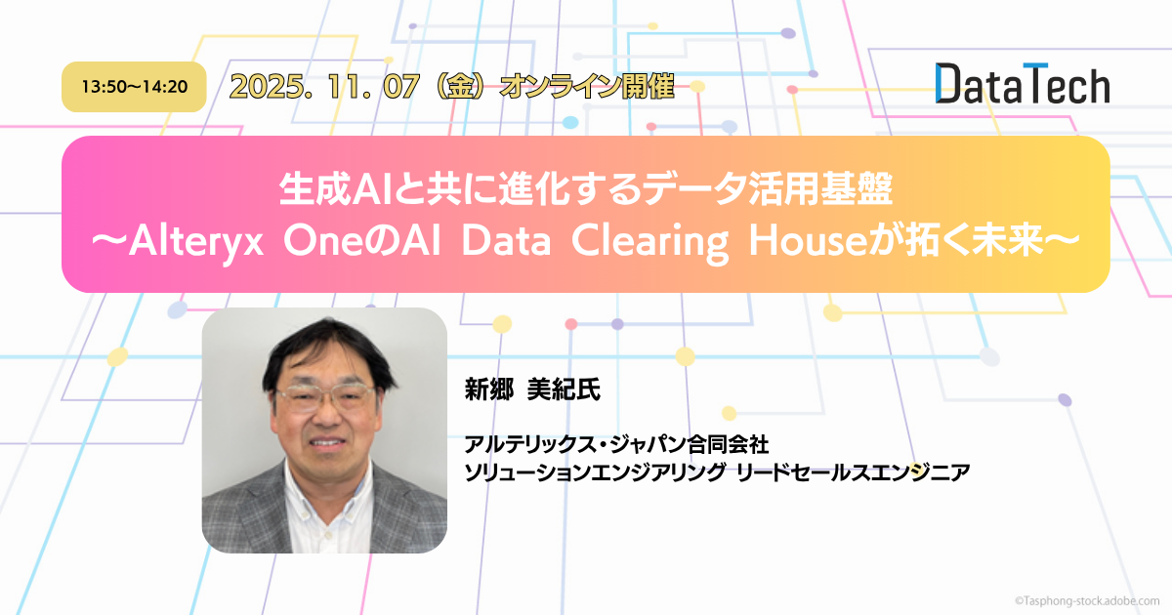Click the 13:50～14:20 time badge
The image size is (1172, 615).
(134, 87)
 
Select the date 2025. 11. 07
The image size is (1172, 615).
(324, 86)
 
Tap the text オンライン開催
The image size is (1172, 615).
(587, 86)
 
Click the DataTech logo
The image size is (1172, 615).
(1023, 83)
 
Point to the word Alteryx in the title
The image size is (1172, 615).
(195, 242)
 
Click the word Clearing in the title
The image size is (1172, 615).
(649, 242)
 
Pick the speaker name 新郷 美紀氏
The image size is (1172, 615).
(532, 389)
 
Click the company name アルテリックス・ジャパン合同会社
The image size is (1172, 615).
(616, 444)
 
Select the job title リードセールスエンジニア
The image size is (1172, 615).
(853, 472)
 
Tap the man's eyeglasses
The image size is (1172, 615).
(325, 397)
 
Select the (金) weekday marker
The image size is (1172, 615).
(460, 86)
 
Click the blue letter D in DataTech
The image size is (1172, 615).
(947, 83)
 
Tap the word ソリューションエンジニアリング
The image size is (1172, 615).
(595, 472)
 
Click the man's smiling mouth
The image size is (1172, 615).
(326, 442)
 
